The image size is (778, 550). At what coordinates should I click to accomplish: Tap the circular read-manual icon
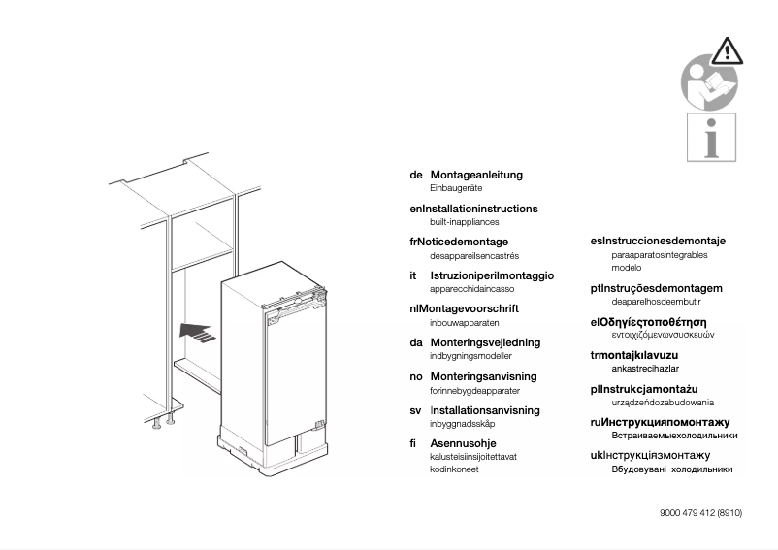coord(709,84)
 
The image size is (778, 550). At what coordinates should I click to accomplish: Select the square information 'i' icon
coord(711,137)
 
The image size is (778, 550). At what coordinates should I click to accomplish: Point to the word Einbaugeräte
coord(456,188)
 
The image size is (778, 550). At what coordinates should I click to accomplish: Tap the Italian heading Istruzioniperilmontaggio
coord(492,275)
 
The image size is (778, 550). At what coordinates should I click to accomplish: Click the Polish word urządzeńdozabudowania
coord(663,402)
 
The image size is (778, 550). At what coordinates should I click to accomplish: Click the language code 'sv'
coord(415,409)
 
